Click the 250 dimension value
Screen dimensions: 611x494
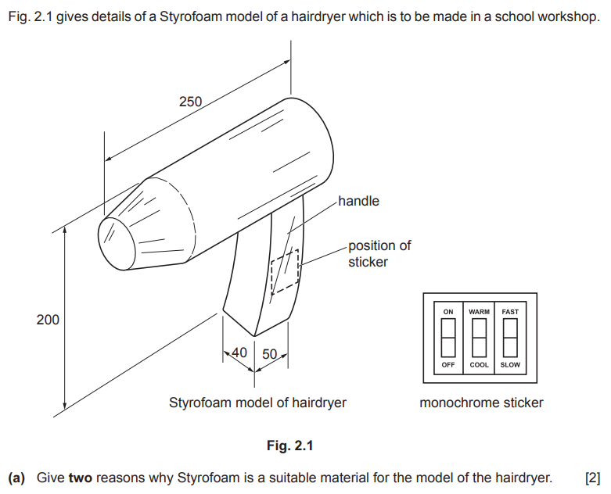pyautogui.click(x=190, y=102)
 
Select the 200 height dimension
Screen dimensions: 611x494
pyautogui.click(x=48, y=320)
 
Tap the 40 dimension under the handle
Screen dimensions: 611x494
pyautogui.click(x=239, y=353)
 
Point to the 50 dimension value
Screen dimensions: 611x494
pyautogui.click(x=269, y=354)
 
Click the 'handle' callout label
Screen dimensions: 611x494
pyautogui.click(x=358, y=201)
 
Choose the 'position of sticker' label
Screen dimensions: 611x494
pyautogui.click(x=379, y=254)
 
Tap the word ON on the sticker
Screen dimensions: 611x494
pyautogui.click(x=448, y=312)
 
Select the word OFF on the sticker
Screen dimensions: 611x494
pyautogui.click(x=448, y=365)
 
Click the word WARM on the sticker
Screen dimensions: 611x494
pyautogui.click(x=479, y=312)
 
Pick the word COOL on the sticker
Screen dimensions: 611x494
pyautogui.click(x=479, y=365)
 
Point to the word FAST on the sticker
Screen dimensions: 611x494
pyautogui.click(x=510, y=312)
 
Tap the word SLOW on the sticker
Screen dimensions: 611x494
pyautogui.click(x=510, y=365)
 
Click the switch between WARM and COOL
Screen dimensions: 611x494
pyautogui.click(x=479, y=338)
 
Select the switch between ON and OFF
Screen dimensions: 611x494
pyautogui.click(x=448, y=338)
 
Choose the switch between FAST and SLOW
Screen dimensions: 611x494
pyautogui.click(x=510, y=338)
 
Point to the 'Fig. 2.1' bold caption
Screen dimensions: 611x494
pyautogui.click(x=290, y=446)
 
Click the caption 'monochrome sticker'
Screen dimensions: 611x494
pyautogui.click(x=481, y=403)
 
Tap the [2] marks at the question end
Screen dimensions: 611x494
pyautogui.click(x=592, y=478)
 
